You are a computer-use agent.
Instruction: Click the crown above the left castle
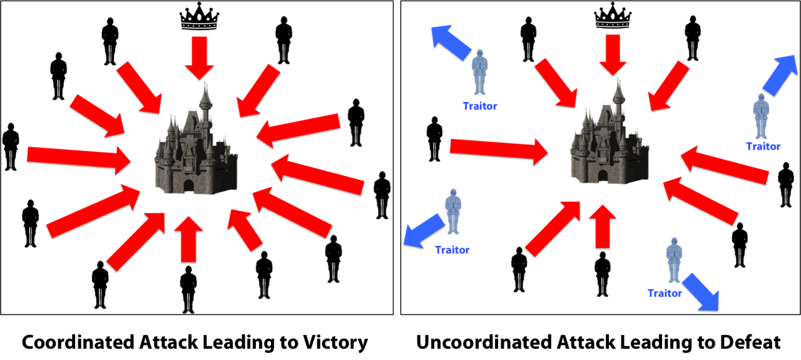click(x=199, y=23)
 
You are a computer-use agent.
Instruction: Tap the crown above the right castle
click(x=613, y=22)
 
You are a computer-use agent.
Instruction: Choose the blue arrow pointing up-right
click(x=780, y=74)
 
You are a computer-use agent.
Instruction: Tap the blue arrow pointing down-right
click(x=701, y=291)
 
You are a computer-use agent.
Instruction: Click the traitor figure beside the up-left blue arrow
click(x=479, y=72)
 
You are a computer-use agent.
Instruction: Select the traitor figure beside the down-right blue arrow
click(x=673, y=260)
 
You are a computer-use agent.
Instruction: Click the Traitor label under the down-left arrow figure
click(x=452, y=250)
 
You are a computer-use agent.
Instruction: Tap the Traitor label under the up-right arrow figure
click(x=763, y=147)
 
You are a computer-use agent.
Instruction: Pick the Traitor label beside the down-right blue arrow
click(x=664, y=293)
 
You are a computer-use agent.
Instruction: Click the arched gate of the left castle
click(x=188, y=186)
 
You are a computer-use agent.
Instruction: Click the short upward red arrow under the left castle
click(x=188, y=238)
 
